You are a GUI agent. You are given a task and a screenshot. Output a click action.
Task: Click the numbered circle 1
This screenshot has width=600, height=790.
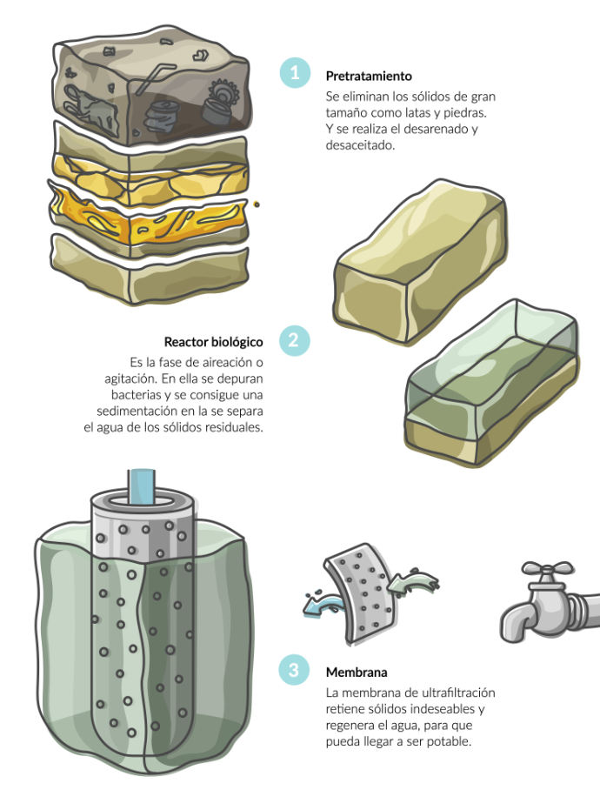coord(295,72)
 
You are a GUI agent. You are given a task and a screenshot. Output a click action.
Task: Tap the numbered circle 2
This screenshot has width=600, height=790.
coord(295,340)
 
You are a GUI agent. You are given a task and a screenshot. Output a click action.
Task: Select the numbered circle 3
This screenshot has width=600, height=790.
coord(295,670)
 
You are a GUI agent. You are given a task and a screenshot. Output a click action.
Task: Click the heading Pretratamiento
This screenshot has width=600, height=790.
coord(369,76)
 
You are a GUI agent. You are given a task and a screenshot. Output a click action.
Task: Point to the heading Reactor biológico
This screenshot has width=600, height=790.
coord(213,342)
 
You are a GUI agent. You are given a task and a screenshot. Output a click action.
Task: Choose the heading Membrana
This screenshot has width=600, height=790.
coord(357,672)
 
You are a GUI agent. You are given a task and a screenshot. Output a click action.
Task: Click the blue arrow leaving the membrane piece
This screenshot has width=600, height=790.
coord(323,603)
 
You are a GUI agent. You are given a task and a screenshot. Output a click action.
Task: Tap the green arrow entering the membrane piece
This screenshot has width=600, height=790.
coord(413,584)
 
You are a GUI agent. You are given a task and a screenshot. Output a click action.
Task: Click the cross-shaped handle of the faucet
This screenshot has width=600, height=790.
coord(547,570)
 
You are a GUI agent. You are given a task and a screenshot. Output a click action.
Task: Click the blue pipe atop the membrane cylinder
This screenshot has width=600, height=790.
coord(142,486)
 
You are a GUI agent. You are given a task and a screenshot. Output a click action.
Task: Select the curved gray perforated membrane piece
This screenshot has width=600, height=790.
coord(360,593)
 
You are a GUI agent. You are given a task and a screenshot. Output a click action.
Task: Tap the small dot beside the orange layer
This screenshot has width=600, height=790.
coord(257,204)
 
